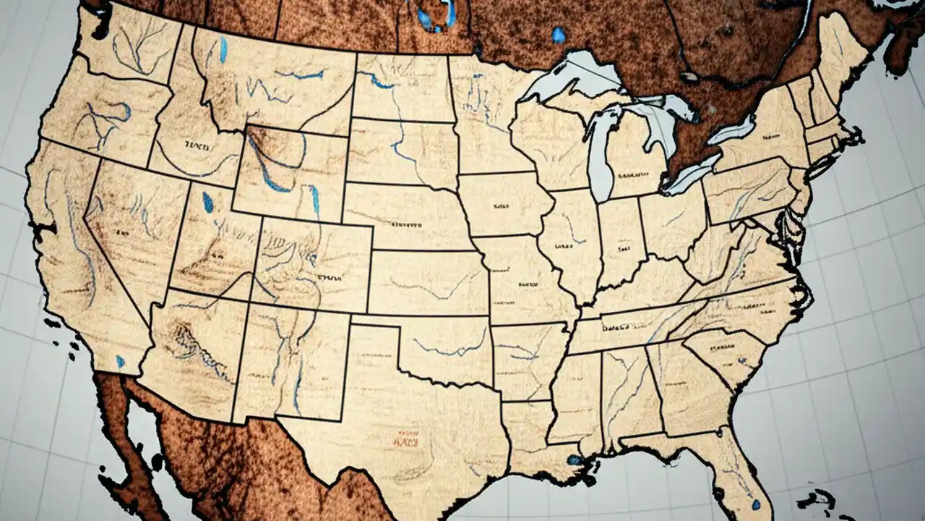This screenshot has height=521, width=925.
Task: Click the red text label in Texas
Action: [x=408, y=437]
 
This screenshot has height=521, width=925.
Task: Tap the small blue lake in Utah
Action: [x=208, y=202]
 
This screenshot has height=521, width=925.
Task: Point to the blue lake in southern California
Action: [x=120, y=360]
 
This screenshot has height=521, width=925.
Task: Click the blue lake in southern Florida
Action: [x=755, y=504]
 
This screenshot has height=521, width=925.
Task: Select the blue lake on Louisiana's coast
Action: [x=575, y=460]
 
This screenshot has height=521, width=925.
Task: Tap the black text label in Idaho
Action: [x=196, y=146]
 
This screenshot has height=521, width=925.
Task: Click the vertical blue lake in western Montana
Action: [x=223, y=49]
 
